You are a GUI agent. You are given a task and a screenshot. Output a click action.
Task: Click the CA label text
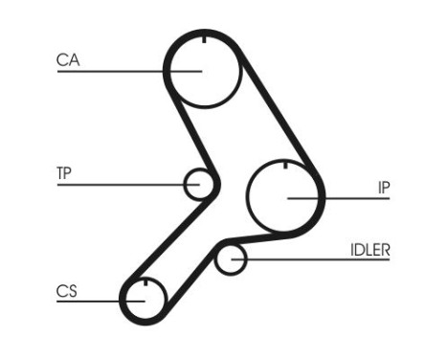(67, 60)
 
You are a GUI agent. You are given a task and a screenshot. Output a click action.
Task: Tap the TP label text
(64, 173)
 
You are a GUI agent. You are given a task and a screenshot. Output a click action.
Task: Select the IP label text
(383, 187)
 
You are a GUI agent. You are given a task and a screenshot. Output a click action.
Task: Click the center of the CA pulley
(202, 69)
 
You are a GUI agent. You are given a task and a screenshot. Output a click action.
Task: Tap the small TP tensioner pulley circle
(199, 184)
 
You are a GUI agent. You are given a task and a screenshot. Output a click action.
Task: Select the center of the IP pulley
(285, 196)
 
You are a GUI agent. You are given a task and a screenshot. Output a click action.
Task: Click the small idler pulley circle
(230, 259)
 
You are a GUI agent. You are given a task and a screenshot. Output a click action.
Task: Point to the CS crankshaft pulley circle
(144, 299)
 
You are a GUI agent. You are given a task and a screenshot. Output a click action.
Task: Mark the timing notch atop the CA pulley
(203, 39)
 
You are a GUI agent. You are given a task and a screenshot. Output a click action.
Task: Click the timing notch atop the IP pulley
(285, 167)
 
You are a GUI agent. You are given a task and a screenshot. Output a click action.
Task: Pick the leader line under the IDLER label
(316, 259)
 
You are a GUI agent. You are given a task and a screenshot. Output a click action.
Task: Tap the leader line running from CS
(96, 302)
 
